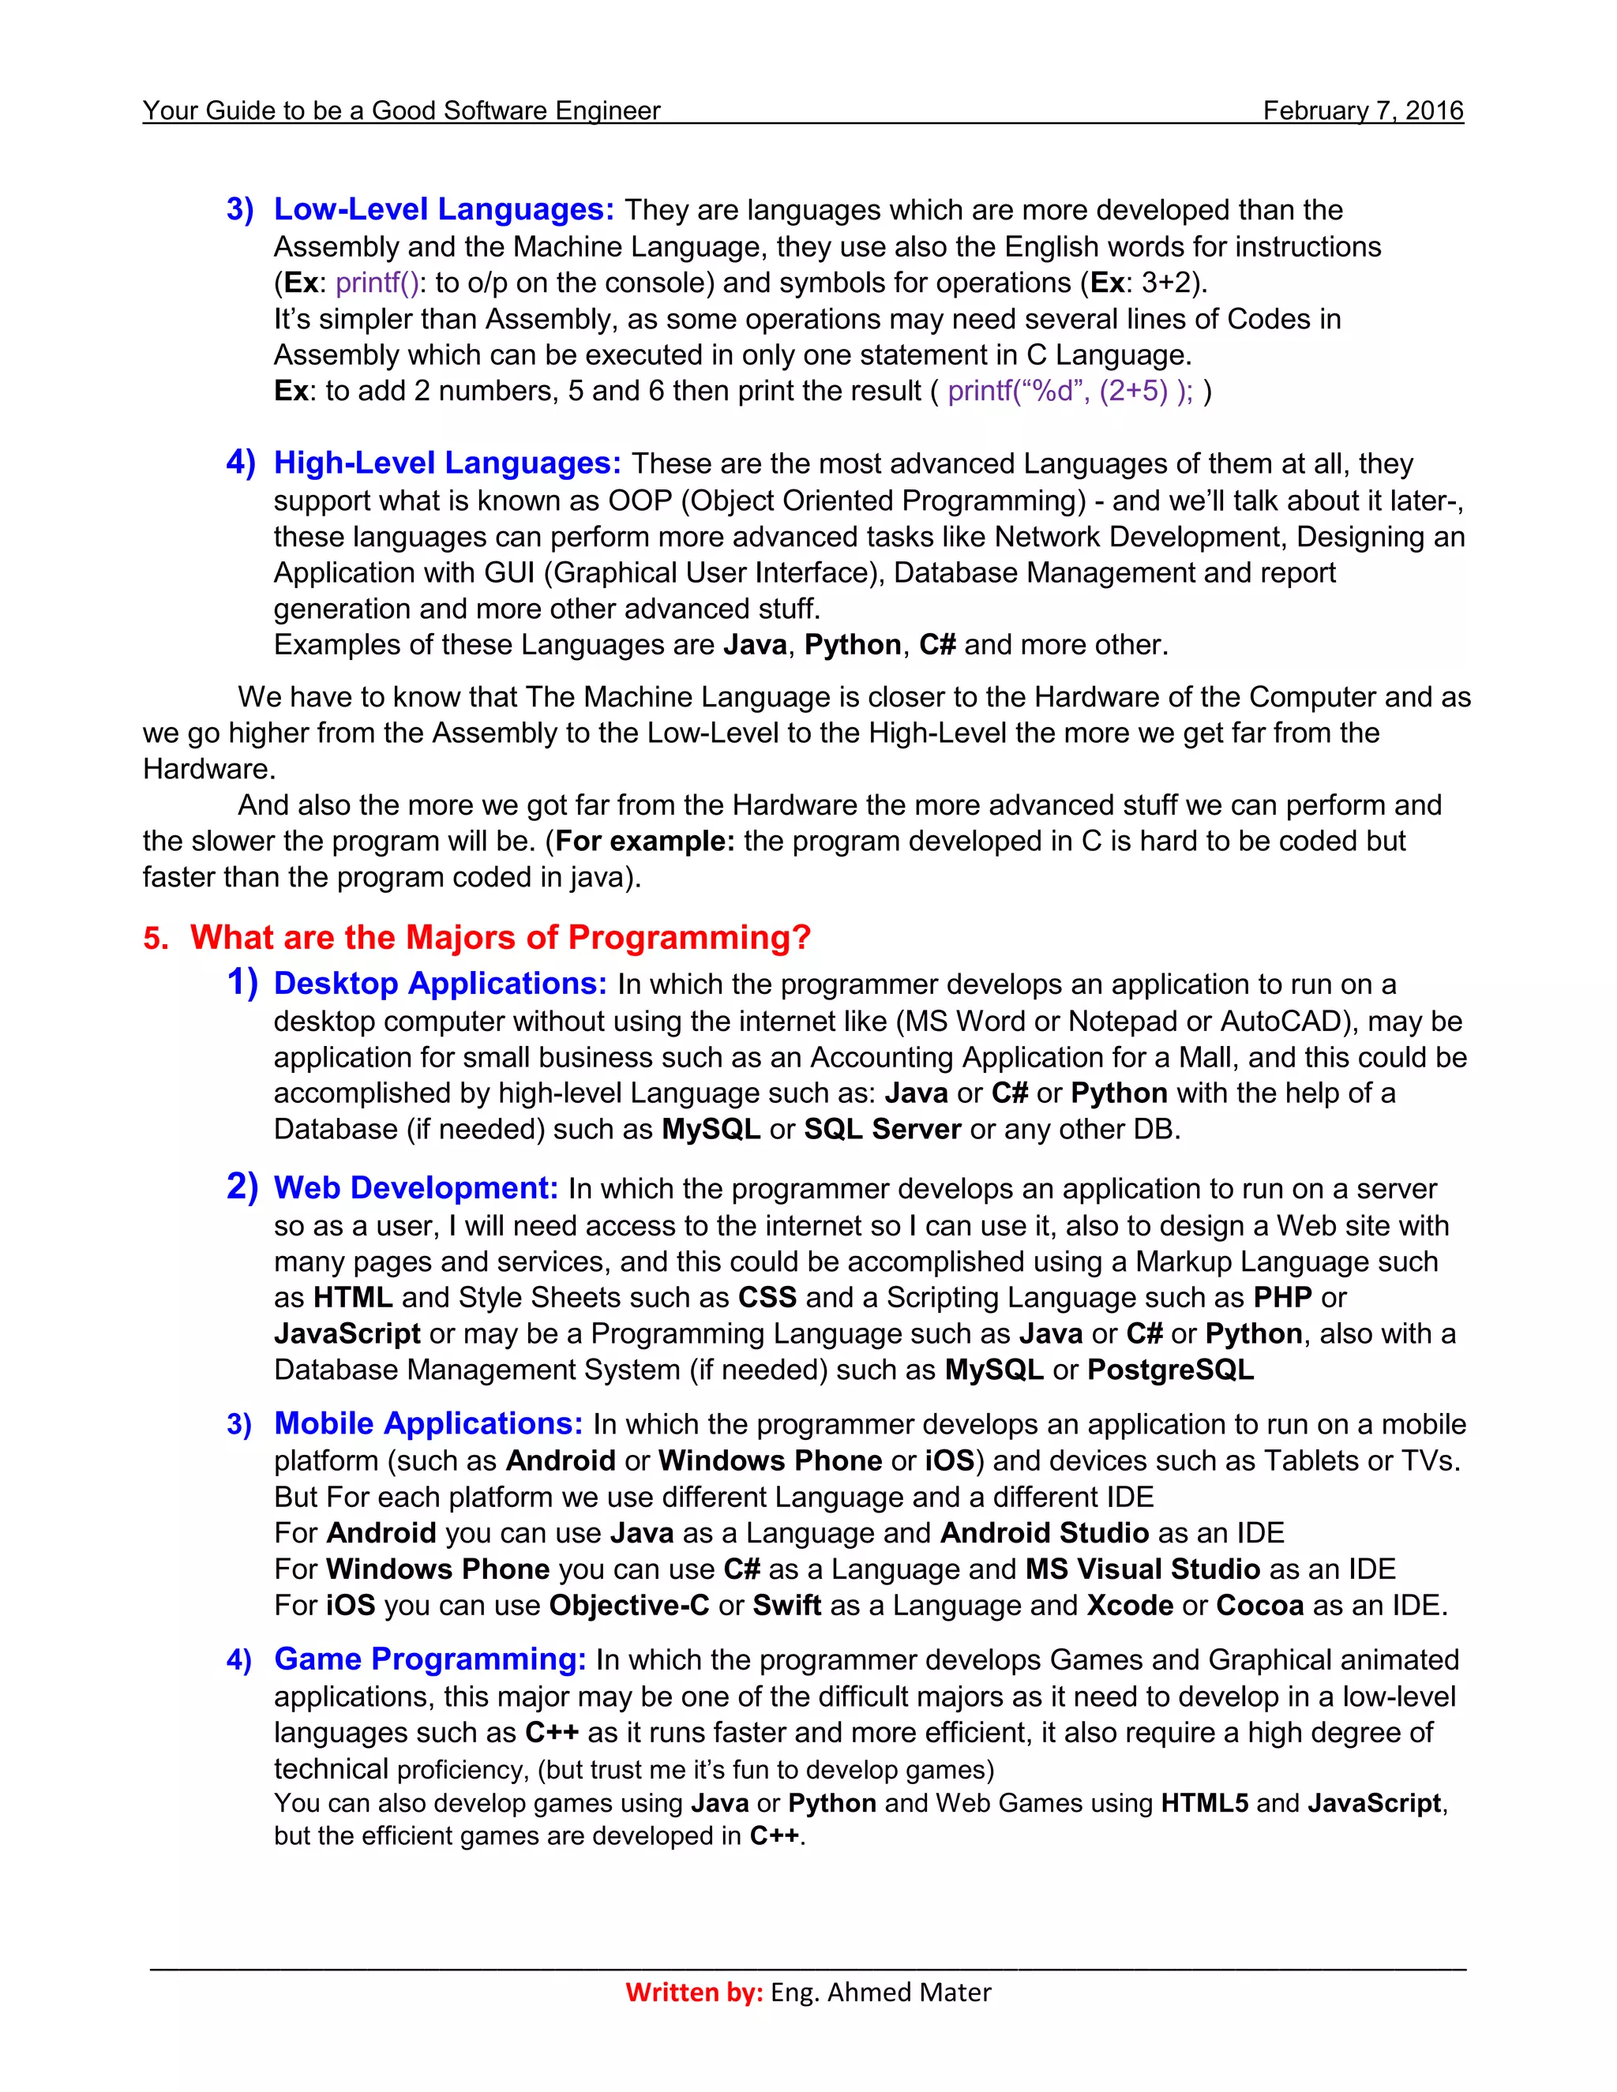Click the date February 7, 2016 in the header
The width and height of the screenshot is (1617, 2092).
pyautogui.click(x=1362, y=111)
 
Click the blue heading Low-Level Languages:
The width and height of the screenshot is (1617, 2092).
pyautogui.click(x=444, y=209)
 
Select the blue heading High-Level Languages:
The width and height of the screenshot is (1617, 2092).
pyautogui.click(x=448, y=463)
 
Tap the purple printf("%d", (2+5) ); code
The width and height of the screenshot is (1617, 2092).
pyautogui.click(x=1070, y=391)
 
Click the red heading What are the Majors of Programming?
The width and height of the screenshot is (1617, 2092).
pyautogui.click(x=500, y=937)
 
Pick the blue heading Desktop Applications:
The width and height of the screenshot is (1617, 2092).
pyautogui.click(x=441, y=984)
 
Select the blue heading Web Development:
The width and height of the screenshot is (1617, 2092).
pyautogui.click(x=416, y=1188)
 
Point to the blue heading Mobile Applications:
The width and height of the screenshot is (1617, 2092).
pyautogui.click(x=428, y=1423)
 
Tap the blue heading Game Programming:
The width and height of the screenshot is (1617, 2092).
pyautogui.click(x=430, y=1659)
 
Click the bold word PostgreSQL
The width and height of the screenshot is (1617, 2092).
pyautogui.click(x=1171, y=1370)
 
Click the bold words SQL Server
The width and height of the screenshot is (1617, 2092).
pyautogui.click(x=882, y=1130)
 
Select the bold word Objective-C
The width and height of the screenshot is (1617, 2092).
pyautogui.click(x=628, y=1606)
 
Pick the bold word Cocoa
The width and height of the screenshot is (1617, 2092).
pyautogui.click(x=1259, y=1606)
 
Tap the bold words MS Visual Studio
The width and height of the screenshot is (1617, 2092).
pyautogui.click(x=1142, y=1569)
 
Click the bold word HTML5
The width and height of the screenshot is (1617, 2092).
pyautogui.click(x=1204, y=1804)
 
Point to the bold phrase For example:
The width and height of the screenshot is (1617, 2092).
pyautogui.click(x=645, y=841)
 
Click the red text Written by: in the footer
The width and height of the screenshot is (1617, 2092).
pyautogui.click(x=693, y=1993)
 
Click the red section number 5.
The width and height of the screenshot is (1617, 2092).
pyautogui.click(x=156, y=939)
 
